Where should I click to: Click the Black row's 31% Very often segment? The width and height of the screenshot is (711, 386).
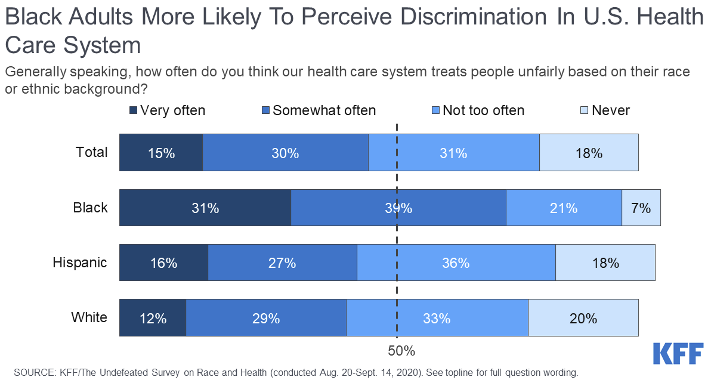[205, 208]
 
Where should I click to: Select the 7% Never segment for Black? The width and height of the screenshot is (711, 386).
[641, 208]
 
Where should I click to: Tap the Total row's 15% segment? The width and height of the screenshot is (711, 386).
[161, 153]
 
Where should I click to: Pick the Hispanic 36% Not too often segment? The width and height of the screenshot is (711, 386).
[456, 263]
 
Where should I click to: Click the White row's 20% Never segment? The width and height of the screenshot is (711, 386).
[583, 318]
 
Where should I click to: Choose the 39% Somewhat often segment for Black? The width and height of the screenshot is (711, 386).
[398, 208]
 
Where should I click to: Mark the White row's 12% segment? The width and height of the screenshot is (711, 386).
[153, 318]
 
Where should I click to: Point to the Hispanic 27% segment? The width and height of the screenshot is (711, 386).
[282, 263]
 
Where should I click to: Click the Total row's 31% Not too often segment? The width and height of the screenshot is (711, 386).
[453, 153]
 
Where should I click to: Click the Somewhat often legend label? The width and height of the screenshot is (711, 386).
[324, 110]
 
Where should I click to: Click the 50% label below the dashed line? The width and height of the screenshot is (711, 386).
[401, 350]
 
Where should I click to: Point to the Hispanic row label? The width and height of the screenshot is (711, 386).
[80, 263]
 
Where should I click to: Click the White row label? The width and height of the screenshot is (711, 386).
[89, 317]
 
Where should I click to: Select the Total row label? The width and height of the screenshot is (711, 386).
[92, 152]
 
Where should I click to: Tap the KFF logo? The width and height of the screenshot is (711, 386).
[678, 353]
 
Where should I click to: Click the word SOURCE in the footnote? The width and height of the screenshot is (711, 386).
[33, 373]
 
